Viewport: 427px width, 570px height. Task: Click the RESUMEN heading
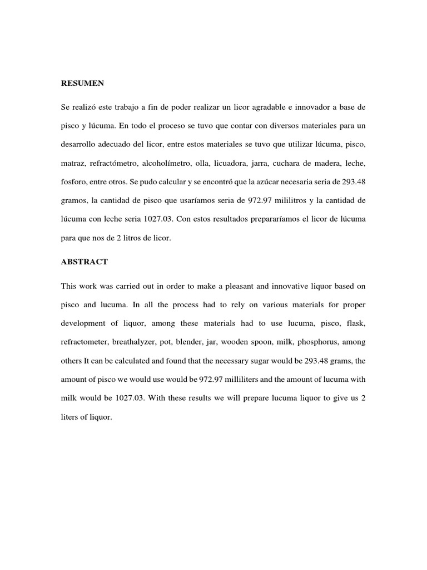(82, 83)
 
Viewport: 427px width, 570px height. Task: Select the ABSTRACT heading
(85, 261)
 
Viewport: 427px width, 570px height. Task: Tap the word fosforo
(76, 182)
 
